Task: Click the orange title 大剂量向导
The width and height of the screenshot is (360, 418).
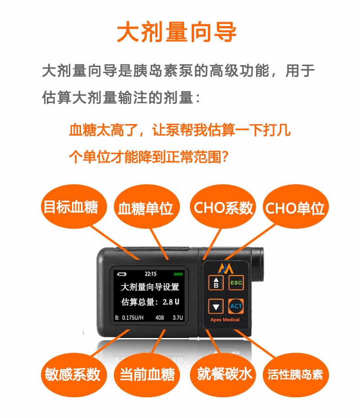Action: coord(177,32)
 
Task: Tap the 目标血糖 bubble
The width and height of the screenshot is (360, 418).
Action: coord(74,206)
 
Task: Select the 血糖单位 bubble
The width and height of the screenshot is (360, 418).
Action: coord(147,207)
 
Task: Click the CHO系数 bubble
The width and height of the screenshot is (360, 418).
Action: coord(223,207)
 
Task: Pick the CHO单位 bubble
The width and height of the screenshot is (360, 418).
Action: coord(296,207)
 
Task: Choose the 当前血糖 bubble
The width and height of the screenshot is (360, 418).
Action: coord(147,374)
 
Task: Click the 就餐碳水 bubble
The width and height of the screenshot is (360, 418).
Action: coord(223,374)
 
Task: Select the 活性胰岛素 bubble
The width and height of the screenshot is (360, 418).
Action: coord(296,374)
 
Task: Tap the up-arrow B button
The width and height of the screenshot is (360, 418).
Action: coord(216,283)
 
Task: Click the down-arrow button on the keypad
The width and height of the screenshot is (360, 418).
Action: coord(216,306)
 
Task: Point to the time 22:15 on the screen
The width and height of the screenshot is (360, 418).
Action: coord(150,274)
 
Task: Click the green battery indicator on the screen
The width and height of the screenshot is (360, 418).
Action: coord(178,274)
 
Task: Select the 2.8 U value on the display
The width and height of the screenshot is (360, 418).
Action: coord(171,302)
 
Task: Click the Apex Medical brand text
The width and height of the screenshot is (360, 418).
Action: coord(225,320)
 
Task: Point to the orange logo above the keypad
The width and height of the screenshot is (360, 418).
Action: coord(225,268)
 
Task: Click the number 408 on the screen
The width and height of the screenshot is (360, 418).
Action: coord(160,317)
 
